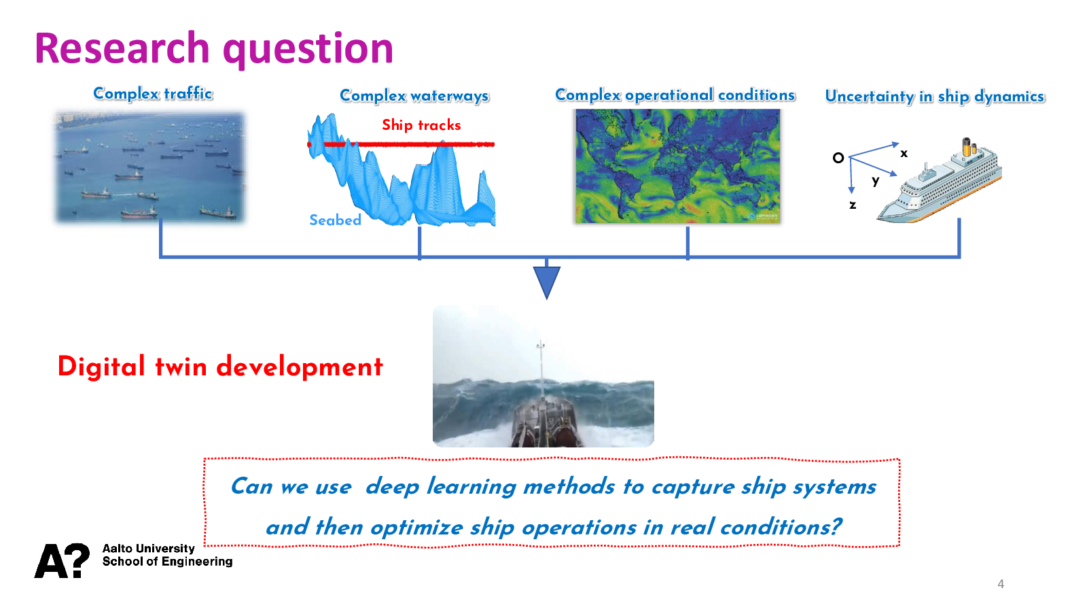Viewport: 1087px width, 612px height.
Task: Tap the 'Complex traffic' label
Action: click(153, 93)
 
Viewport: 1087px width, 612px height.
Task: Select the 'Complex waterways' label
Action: click(414, 96)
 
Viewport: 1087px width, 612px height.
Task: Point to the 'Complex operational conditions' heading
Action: click(675, 95)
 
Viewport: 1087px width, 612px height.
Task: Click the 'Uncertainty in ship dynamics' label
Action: click(935, 96)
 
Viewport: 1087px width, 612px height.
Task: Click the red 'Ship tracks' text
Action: click(421, 125)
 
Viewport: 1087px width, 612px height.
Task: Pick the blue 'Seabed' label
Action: click(336, 220)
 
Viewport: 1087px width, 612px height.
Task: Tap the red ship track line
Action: click(401, 144)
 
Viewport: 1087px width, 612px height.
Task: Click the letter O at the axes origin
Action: click(838, 158)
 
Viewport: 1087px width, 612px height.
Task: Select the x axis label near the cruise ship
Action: click(904, 154)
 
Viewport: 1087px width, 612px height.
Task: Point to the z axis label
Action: click(853, 205)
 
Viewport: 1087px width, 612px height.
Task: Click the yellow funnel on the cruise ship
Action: click(967, 147)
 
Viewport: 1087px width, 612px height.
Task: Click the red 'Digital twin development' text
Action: click(220, 367)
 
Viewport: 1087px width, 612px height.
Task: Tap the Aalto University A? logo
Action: click(62, 560)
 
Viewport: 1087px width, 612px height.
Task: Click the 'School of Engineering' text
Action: click(167, 562)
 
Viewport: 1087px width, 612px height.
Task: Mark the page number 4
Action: click(1001, 584)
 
